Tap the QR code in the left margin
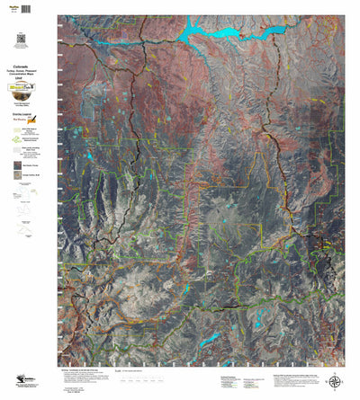click(x=21, y=38)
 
